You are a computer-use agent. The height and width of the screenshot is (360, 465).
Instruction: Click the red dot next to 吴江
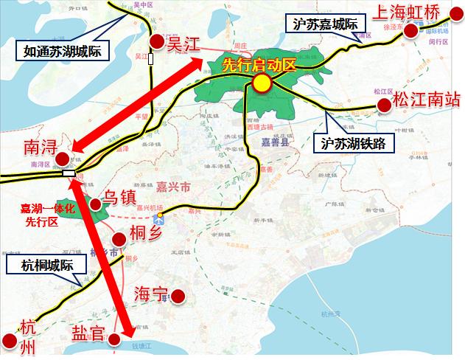coord(155,44)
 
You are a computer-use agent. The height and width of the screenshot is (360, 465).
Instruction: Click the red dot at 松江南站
coord(383,106)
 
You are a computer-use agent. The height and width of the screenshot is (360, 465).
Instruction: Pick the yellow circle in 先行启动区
coord(260,83)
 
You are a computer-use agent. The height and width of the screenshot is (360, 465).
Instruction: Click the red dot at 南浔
coord(63,159)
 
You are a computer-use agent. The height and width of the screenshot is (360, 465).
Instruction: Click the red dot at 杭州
coord(10,341)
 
